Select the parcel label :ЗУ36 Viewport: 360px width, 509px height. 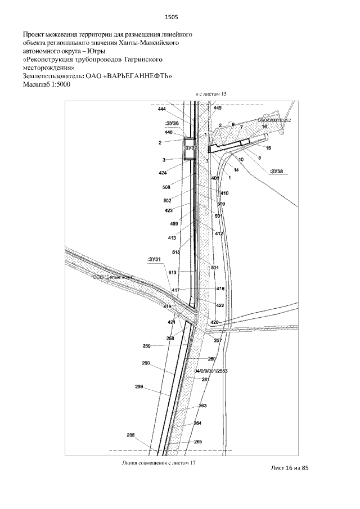tap(172, 123)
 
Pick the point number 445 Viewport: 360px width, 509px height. tap(218, 107)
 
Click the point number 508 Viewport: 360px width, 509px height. tap(166, 187)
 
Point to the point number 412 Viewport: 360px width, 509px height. tap(219, 233)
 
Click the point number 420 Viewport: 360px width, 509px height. tap(214, 322)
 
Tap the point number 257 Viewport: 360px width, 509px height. tap(218, 340)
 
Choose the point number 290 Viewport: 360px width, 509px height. tap(146, 363)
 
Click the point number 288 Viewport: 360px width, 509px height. tap(131, 435)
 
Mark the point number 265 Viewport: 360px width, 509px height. tap(197, 442)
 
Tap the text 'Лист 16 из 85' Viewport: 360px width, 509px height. tap(290, 468)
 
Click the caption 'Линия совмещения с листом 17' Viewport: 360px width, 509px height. tap(158, 463)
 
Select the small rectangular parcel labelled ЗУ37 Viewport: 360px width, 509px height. tap(190, 149)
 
